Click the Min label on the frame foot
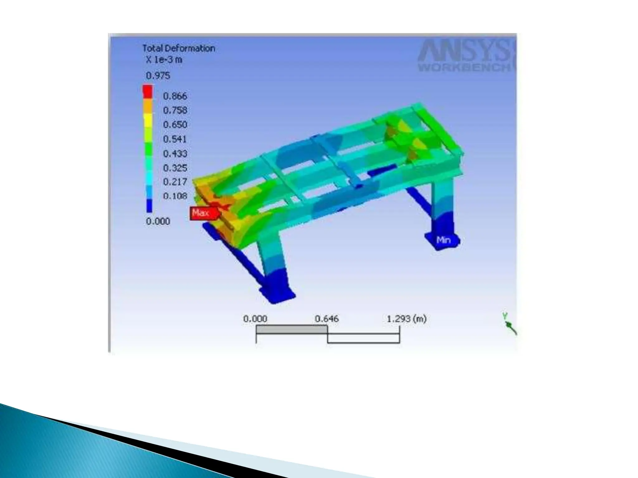point(444,240)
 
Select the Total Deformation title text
point(179,49)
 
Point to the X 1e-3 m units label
point(164,60)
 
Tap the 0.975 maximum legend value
point(158,76)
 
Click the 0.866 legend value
point(175,96)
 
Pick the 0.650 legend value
point(175,124)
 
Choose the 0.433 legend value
point(175,153)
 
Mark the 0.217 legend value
point(175,182)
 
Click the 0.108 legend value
point(175,196)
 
